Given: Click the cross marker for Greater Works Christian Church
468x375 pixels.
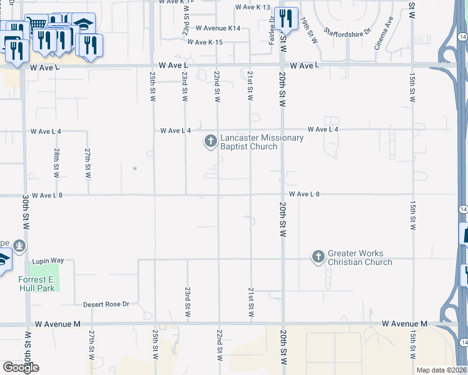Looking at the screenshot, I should (318, 257).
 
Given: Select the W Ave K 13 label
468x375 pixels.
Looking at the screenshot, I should (252, 7).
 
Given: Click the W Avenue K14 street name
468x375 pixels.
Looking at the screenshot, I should (218, 28).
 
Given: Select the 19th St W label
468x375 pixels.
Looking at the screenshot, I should (308, 29).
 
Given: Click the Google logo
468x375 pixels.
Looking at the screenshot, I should (21, 367).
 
